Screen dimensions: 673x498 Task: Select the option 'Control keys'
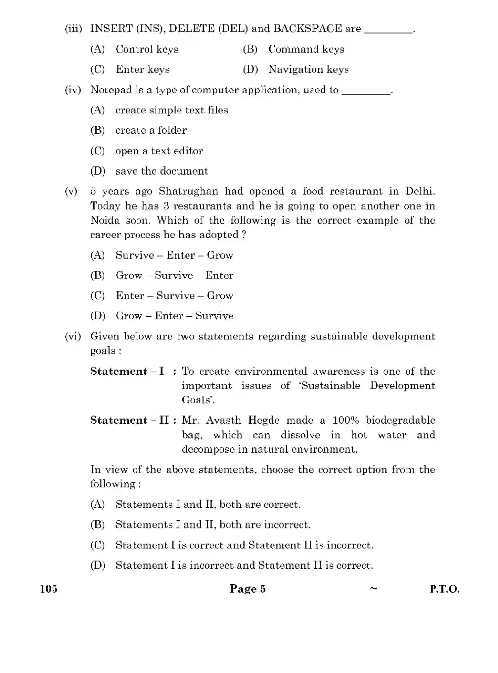[x=147, y=49]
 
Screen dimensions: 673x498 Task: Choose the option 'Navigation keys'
[x=308, y=69]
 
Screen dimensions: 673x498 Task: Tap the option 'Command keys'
[x=306, y=49]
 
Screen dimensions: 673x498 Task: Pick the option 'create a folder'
[x=151, y=130]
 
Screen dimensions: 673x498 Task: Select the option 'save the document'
[x=161, y=171]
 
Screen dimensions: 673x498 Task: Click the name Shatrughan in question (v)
[x=188, y=191]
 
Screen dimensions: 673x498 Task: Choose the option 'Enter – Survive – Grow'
[x=174, y=295]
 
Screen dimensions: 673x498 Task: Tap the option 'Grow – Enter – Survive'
[x=174, y=316]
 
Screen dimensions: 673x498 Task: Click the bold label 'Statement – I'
[x=127, y=371]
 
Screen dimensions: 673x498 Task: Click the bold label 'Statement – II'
[x=130, y=420]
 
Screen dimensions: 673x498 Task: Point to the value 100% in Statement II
[x=345, y=420]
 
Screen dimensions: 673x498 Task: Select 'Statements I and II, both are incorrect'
[x=212, y=525]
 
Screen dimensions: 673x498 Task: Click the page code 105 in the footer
[x=49, y=589]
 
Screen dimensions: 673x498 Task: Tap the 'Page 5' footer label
[x=248, y=589]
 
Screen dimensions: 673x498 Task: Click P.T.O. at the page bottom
[x=444, y=589]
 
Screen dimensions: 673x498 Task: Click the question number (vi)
[x=73, y=336]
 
